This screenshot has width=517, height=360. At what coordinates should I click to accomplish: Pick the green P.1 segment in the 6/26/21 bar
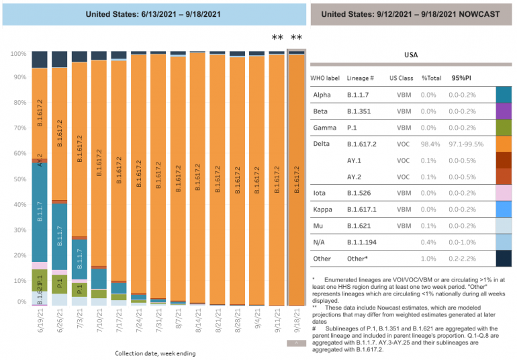click(x=60, y=284)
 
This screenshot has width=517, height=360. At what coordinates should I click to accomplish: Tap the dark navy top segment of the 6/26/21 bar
click(x=60, y=59)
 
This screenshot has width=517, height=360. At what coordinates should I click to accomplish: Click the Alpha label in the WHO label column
click(x=322, y=95)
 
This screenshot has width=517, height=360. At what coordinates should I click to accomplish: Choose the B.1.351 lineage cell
click(x=361, y=111)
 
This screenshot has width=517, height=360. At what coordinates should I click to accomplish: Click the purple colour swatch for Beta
click(x=504, y=111)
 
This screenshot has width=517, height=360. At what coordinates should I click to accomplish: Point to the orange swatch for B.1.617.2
click(x=504, y=144)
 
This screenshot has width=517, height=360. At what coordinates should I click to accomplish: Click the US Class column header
click(x=402, y=79)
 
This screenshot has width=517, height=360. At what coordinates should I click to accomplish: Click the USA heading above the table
click(x=412, y=54)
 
